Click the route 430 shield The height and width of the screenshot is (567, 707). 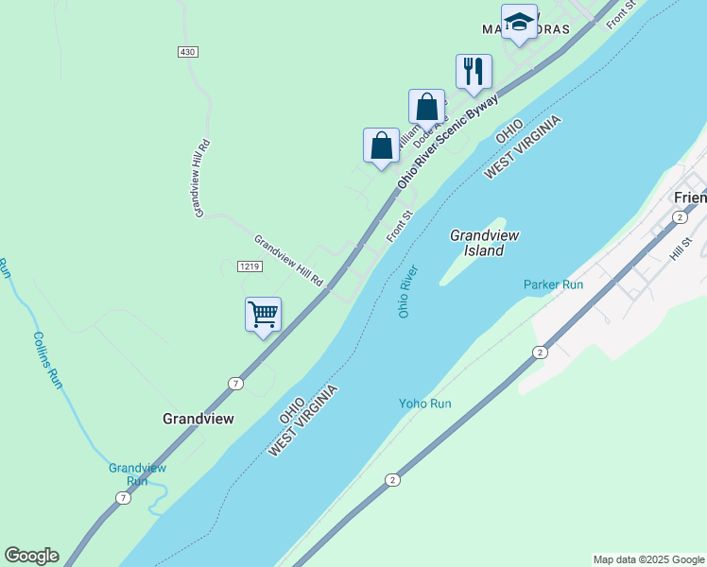click(187, 52)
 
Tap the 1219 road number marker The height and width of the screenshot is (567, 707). click(249, 266)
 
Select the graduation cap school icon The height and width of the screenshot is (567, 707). click(519, 22)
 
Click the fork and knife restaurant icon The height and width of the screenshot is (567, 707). click(474, 71)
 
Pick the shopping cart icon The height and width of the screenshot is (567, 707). click(263, 314)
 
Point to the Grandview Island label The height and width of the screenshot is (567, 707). click(484, 243)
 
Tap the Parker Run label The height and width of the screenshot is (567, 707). click(553, 284)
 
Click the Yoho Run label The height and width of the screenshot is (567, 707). click(424, 404)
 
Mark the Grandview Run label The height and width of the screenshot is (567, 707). click(137, 473)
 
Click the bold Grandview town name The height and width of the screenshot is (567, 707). click(198, 418)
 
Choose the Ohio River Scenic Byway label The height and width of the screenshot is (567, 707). click(448, 141)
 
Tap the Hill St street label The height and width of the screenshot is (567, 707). click(681, 249)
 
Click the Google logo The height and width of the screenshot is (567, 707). click(31, 556)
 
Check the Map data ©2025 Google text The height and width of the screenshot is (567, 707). click(647, 559)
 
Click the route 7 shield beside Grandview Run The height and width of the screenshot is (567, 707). click(122, 498)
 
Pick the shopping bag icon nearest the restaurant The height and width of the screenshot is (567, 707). click(426, 106)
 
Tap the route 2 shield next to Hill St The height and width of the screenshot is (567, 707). click(679, 217)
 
